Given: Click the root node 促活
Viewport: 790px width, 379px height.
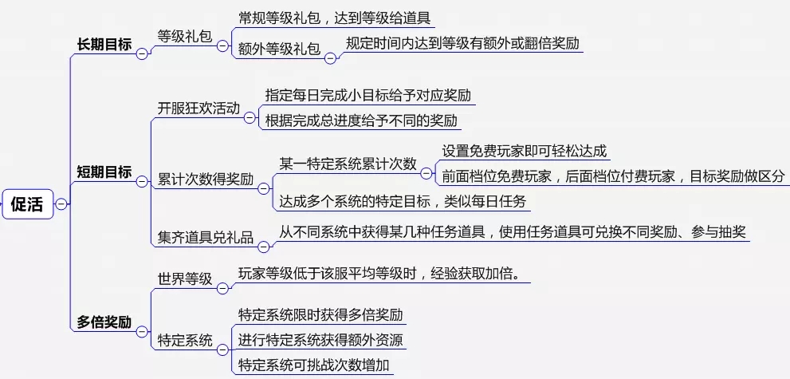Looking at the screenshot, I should click(x=27, y=203).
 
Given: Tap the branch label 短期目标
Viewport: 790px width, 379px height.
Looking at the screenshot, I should click(x=104, y=172).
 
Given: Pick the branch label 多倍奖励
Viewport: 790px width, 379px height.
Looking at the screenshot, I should click(x=104, y=322).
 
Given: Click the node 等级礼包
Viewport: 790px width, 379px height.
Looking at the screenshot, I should click(x=184, y=36).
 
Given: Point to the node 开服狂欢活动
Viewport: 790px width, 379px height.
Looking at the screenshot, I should click(x=198, y=108).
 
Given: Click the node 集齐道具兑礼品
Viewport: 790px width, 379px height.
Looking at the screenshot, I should click(x=205, y=237).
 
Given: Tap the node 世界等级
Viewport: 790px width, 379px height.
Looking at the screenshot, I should click(x=184, y=278).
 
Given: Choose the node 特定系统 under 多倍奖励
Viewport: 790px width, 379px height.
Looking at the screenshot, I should click(x=184, y=341).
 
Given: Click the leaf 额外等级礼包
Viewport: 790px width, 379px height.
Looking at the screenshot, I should click(x=279, y=49).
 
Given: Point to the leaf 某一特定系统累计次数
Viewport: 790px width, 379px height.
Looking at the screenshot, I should click(x=348, y=164).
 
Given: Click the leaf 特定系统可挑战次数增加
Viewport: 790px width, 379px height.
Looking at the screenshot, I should click(x=316, y=365).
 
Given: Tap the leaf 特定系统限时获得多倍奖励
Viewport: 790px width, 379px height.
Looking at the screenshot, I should click(x=320, y=314).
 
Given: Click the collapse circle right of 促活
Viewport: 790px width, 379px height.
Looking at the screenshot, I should click(x=61, y=204).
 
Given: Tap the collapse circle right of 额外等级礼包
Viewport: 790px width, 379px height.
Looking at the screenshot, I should click(x=330, y=57).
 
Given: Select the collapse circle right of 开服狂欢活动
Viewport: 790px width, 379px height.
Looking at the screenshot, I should click(x=250, y=117).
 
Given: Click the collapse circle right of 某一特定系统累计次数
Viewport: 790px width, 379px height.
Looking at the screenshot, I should click(x=429, y=172).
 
